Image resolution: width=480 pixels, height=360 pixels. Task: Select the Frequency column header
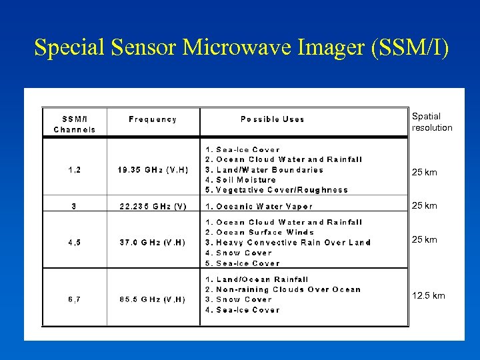click(153, 119)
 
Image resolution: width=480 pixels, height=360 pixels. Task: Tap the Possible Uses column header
click(272, 119)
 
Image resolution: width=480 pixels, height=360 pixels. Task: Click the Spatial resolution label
click(431, 122)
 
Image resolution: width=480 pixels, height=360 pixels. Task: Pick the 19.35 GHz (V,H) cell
click(153, 170)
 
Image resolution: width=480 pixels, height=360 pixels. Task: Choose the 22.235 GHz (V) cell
click(153, 207)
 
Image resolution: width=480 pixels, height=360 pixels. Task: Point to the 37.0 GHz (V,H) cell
click(153, 243)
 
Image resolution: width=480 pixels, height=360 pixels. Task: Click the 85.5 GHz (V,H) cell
click(153, 300)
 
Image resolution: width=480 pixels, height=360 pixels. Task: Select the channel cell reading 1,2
click(74, 170)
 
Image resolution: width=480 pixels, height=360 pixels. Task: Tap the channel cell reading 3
click(74, 207)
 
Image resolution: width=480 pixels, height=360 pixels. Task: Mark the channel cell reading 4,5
click(74, 243)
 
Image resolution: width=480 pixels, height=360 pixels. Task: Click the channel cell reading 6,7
click(74, 300)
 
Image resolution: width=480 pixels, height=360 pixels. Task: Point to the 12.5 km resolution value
click(428, 296)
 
